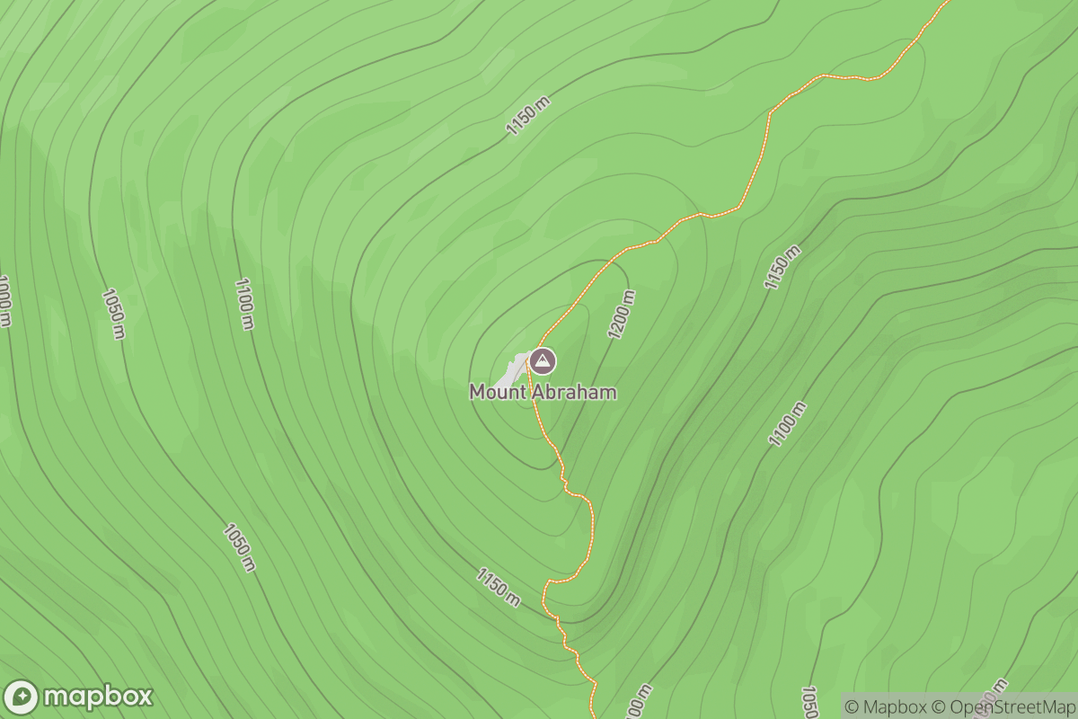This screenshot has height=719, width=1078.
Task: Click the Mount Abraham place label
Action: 543,393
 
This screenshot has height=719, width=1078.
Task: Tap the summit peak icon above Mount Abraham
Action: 543,361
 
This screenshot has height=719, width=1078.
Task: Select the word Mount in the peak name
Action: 498,393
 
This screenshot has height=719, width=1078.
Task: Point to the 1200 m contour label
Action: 622,315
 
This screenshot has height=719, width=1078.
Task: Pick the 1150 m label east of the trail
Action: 782,267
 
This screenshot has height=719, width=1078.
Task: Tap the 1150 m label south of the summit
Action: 499,587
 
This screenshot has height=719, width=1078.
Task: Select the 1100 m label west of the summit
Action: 243,304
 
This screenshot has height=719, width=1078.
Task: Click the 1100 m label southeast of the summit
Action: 787,424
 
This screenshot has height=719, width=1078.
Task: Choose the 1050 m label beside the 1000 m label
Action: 113,314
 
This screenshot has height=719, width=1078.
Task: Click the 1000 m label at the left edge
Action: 4,301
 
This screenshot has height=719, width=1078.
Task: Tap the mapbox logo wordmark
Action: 98,697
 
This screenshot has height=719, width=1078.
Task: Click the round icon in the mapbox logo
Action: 22,697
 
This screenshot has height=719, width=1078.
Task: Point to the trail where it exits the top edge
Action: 945,4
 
